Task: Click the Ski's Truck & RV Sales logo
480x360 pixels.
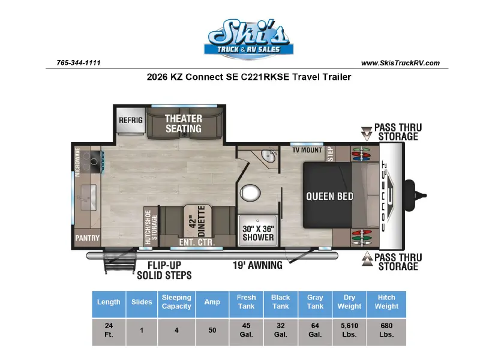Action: point(248,39)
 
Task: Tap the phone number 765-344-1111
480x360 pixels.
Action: point(79,63)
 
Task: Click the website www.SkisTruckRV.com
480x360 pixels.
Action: point(400,63)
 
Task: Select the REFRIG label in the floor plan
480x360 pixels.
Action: point(131,121)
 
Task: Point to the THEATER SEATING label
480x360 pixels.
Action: point(184,124)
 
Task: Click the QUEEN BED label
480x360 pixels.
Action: point(329,196)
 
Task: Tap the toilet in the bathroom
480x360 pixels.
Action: point(250,193)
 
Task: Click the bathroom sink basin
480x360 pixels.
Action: point(268,156)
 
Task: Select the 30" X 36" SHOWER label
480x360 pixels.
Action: point(259,233)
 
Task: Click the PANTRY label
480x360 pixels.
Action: point(88,238)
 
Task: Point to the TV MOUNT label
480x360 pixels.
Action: point(307,150)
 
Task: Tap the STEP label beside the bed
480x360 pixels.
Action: point(331,154)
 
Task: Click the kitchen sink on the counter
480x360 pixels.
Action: point(89,198)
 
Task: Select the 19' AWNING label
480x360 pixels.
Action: point(257,265)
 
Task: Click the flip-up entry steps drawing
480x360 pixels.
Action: point(119,261)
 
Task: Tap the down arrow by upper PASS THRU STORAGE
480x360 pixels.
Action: point(367,133)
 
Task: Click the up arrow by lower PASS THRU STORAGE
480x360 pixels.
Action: point(367,259)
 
